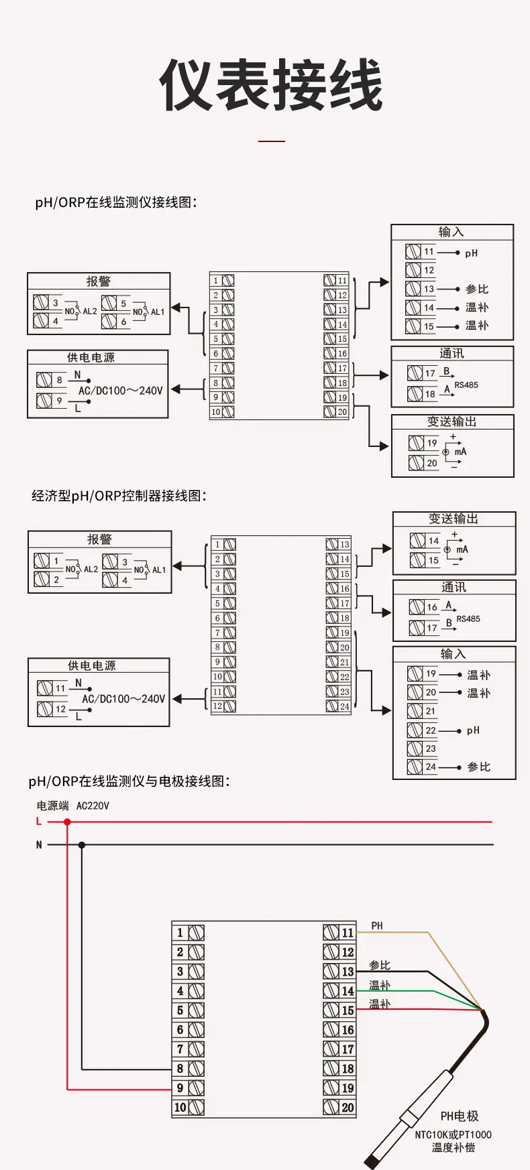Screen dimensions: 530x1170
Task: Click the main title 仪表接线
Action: click(x=271, y=86)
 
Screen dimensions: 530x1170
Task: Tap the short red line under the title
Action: click(x=272, y=141)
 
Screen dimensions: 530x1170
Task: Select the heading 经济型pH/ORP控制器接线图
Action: click(x=119, y=496)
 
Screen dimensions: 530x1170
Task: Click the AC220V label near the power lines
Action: click(x=93, y=805)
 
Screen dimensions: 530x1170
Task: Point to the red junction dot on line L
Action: click(x=67, y=822)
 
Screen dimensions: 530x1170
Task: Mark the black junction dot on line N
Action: click(x=82, y=845)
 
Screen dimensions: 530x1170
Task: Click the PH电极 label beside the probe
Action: click(x=460, y=1116)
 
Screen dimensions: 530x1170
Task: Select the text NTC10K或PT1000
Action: click(x=453, y=1134)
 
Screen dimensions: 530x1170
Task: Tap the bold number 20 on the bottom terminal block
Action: click(x=348, y=1108)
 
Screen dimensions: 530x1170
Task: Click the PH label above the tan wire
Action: click(x=377, y=925)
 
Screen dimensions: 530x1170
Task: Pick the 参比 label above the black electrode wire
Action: click(x=380, y=965)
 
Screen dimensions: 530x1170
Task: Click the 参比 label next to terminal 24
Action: click(x=479, y=767)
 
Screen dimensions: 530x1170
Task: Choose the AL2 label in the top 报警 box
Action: click(x=90, y=312)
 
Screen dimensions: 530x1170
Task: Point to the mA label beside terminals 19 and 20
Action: click(x=460, y=452)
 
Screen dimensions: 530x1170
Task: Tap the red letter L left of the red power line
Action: click(x=39, y=822)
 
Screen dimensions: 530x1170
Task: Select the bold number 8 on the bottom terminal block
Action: click(x=180, y=1069)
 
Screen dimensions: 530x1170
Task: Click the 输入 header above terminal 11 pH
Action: click(x=451, y=232)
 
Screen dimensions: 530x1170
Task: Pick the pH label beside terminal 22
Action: click(x=473, y=730)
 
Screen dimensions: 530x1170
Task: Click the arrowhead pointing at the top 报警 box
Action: click(x=176, y=308)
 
